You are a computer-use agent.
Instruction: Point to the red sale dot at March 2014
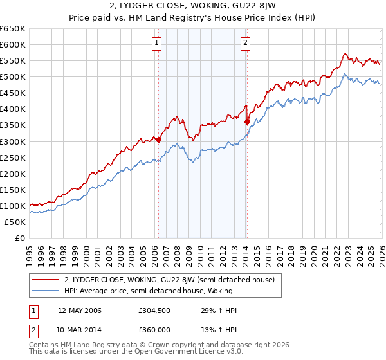click(x=247, y=121)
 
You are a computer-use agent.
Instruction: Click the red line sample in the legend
click(x=46, y=280)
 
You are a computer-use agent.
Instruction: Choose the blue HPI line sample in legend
click(x=46, y=291)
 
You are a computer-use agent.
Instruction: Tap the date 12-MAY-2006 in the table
click(x=80, y=310)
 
